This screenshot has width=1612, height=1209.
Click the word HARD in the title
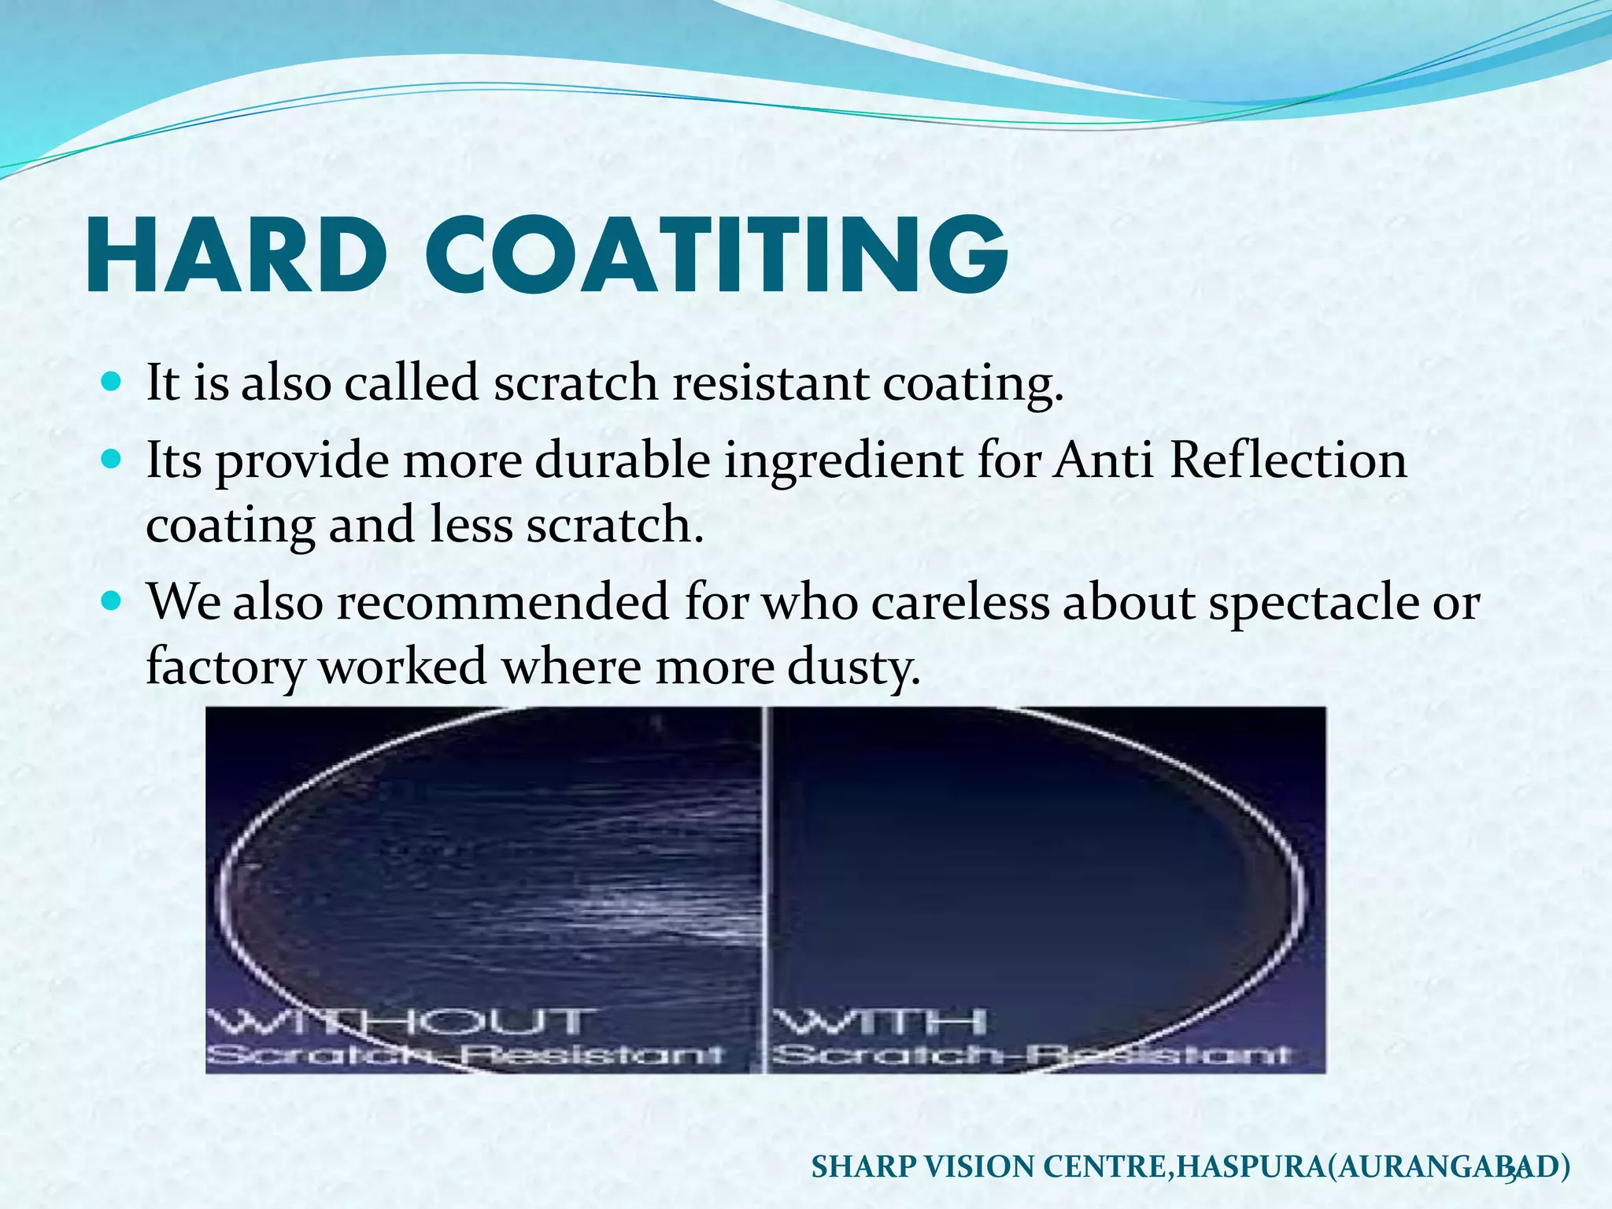click(236, 257)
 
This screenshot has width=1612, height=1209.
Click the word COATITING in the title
click(716, 257)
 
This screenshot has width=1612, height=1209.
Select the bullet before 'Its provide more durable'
click(113, 459)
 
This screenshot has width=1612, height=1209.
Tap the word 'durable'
click(623, 460)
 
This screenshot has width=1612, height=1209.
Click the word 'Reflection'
click(1288, 460)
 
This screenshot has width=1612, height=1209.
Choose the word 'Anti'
click(1103, 460)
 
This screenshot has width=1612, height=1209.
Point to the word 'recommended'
click(503, 603)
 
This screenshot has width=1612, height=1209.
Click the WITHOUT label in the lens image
click(397, 1022)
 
